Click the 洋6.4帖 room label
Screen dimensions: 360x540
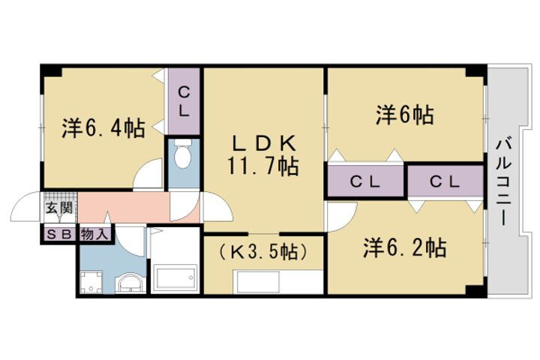pos(103,128)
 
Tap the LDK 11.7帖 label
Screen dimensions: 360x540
pos(263,154)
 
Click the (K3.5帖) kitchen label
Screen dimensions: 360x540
pos(263,252)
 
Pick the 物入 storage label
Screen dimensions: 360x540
pos(95,233)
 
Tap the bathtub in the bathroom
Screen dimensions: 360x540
pos(175,278)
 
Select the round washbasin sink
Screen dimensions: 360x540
pos(131,283)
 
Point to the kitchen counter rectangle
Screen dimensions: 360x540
pos(278,282)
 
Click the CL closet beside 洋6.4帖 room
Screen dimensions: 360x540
pos(184,101)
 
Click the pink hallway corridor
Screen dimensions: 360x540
pos(124,206)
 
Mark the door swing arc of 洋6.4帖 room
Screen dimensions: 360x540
pos(148,176)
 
